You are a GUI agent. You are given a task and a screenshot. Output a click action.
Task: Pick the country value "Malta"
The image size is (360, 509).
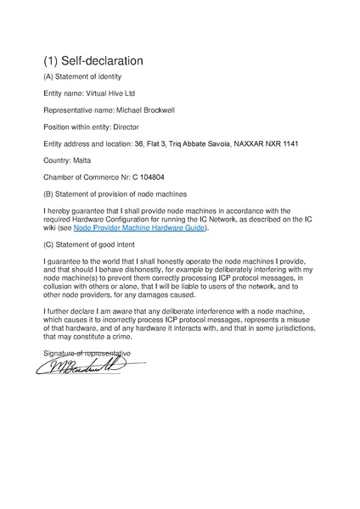point(79,159)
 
